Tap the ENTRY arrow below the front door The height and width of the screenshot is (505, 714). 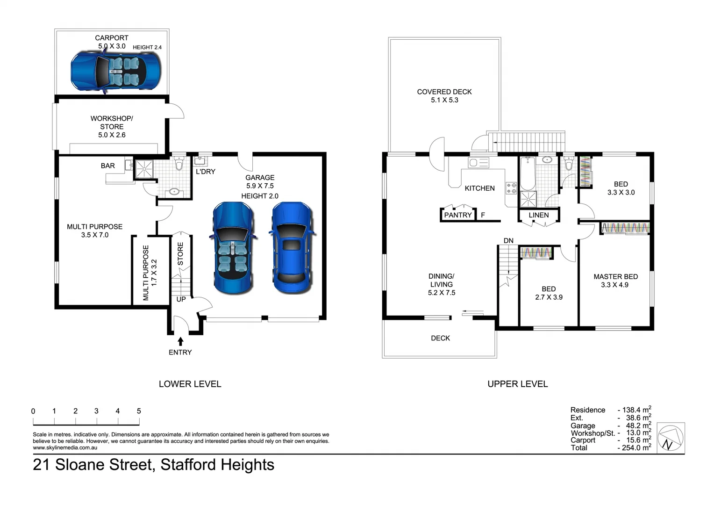180,342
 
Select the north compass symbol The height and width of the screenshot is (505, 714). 671,438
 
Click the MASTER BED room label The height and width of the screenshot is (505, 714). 615,277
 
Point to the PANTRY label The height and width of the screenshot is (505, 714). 457,215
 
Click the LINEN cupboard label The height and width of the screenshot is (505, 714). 539,215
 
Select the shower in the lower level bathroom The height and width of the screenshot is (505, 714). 144,169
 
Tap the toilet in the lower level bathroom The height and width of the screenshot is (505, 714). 178,164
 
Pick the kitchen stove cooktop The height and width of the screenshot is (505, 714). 511,188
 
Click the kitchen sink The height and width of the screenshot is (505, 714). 478,163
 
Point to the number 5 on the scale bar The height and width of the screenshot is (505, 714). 139,411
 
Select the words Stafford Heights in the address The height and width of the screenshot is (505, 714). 217,465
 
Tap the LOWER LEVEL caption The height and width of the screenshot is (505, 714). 190,384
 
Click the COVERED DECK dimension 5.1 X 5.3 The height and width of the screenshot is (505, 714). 444,100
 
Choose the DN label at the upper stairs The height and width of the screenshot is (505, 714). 508,241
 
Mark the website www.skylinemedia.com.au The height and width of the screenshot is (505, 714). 65,447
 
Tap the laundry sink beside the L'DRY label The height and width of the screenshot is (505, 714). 200,161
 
